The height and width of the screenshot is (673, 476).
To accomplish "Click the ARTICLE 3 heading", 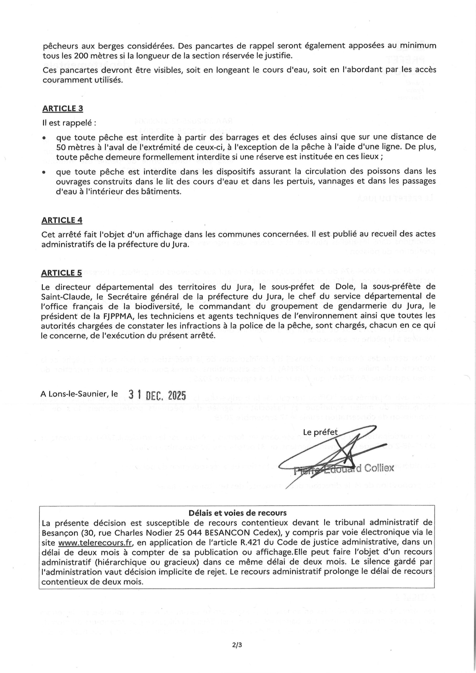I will click(x=63, y=109).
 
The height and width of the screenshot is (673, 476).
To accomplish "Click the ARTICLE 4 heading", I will click(x=62, y=220).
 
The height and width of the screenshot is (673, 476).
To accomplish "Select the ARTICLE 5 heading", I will click(x=62, y=273).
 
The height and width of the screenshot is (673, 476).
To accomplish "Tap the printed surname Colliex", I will click(x=379, y=468).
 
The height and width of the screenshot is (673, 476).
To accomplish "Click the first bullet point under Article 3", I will click(x=44, y=137).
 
